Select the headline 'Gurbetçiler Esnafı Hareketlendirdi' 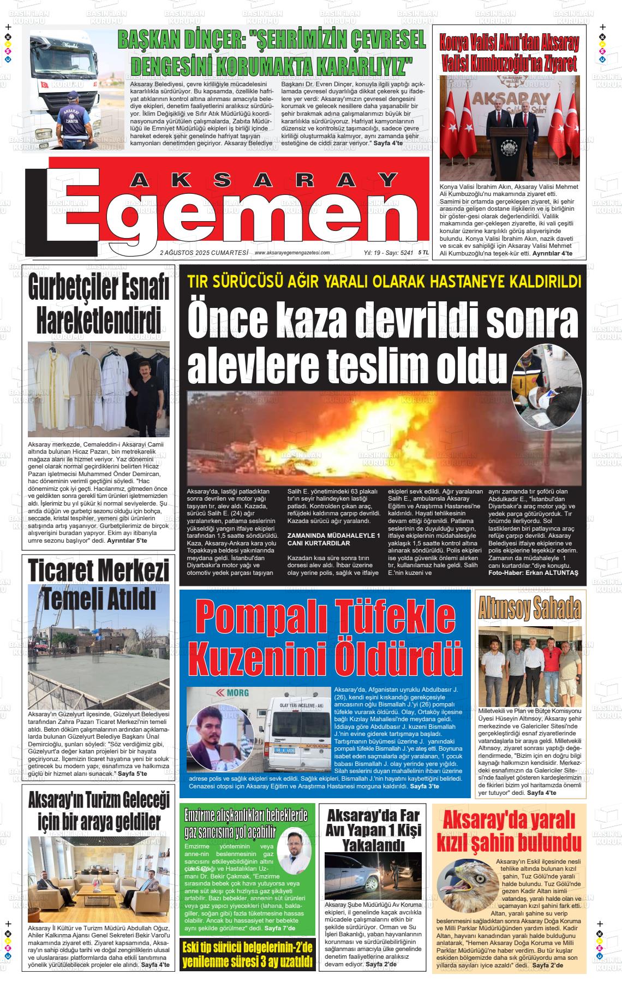pyautogui.click(x=99, y=305)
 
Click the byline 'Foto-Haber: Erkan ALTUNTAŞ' pyautogui.click(x=533, y=574)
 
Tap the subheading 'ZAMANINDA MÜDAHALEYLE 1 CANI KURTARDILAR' pyautogui.click(x=333, y=540)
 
